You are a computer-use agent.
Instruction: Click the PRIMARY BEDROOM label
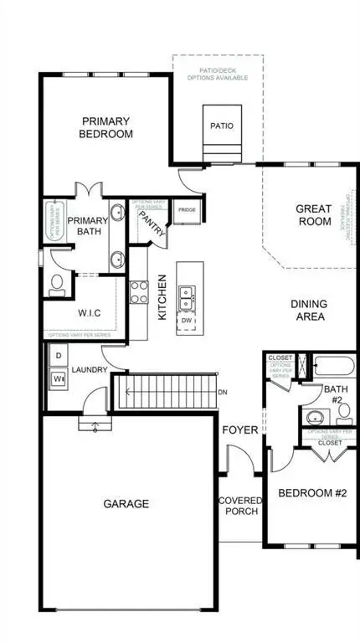coord(105,126)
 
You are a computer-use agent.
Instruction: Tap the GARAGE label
coord(126,504)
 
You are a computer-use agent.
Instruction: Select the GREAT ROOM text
coord(314,215)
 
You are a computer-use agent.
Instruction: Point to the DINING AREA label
coord(307,311)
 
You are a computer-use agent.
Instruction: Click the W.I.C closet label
coord(89,314)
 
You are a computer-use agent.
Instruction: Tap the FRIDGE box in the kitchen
coord(185,211)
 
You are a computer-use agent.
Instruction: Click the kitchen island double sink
coord(186,295)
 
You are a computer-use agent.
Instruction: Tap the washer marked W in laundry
coord(59,378)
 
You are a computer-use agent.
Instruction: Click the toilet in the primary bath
coord(57,285)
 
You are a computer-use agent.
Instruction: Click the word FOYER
coord(239,430)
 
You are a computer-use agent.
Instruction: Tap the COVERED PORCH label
coord(239,507)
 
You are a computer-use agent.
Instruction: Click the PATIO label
coord(222,127)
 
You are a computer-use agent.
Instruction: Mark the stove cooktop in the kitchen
coord(138,296)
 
